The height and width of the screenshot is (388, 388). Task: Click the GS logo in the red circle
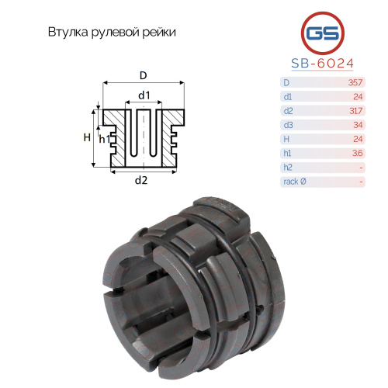click(x=323, y=33)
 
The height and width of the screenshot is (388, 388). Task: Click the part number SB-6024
click(x=322, y=63)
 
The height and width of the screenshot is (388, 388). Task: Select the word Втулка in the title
click(x=68, y=32)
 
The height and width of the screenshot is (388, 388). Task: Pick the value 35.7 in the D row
click(x=355, y=82)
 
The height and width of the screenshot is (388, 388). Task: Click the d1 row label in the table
click(x=287, y=97)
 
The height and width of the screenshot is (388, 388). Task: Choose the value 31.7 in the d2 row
click(x=355, y=111)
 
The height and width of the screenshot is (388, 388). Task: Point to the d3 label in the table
click(x=288, y=125)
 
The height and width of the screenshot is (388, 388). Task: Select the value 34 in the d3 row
click(x=358, y=125)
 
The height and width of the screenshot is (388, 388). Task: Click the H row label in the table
click(x=286, y=139)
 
